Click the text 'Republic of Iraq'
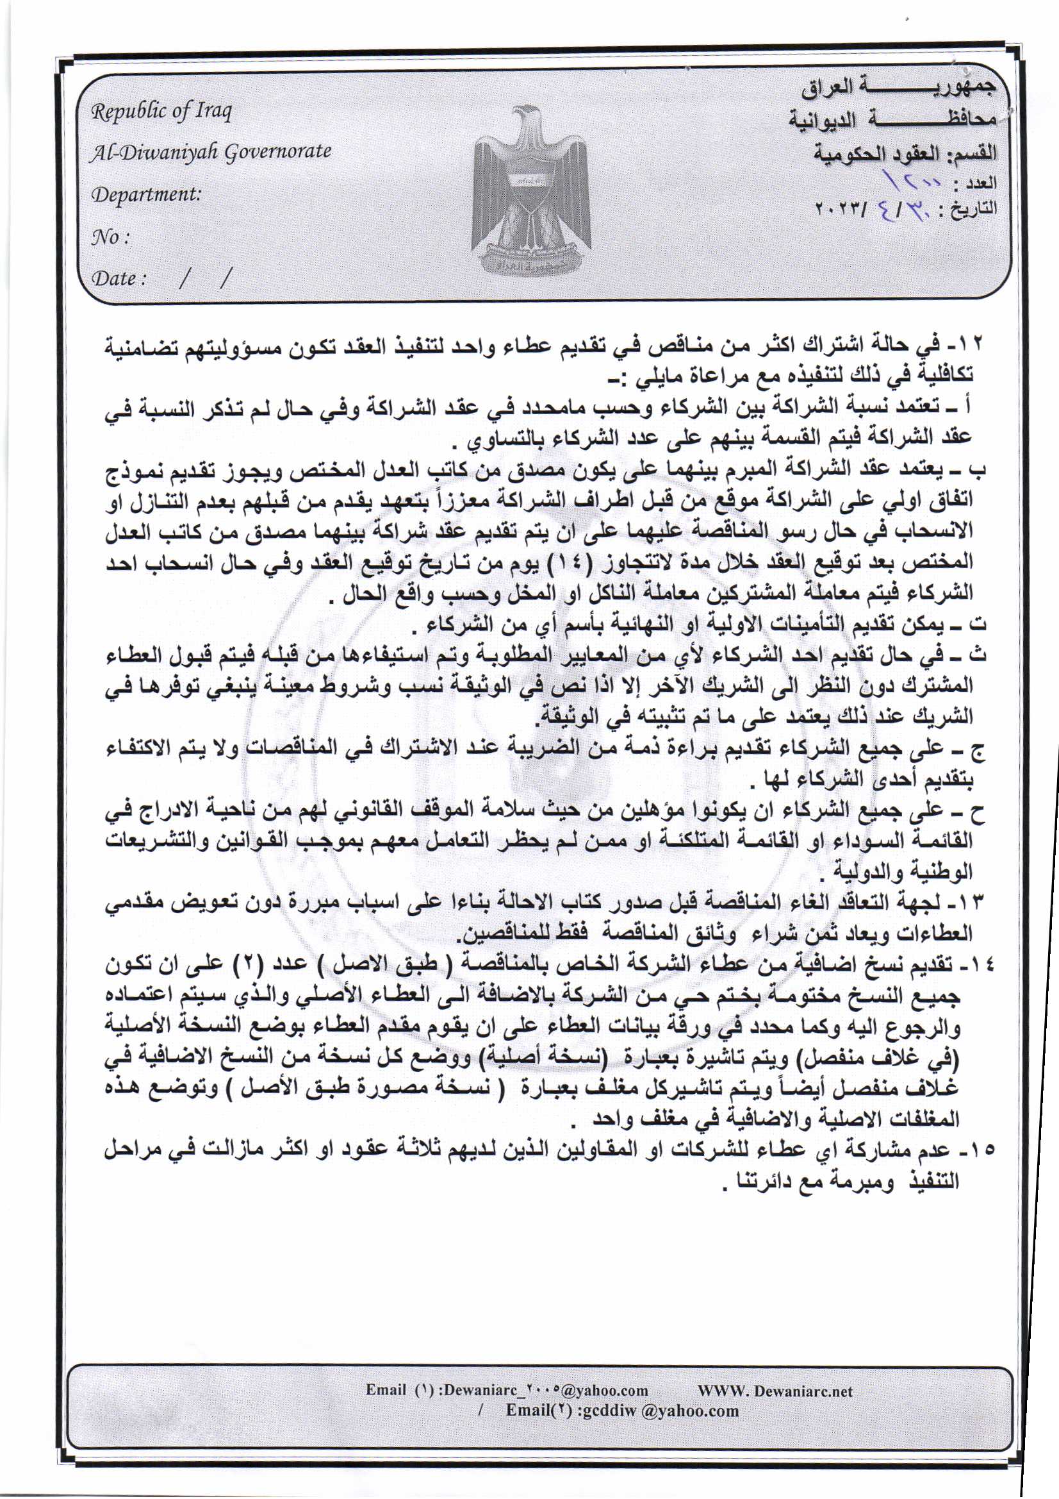161,112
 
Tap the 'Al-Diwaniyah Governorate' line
211,152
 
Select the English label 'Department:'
146,194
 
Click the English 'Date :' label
118,279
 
